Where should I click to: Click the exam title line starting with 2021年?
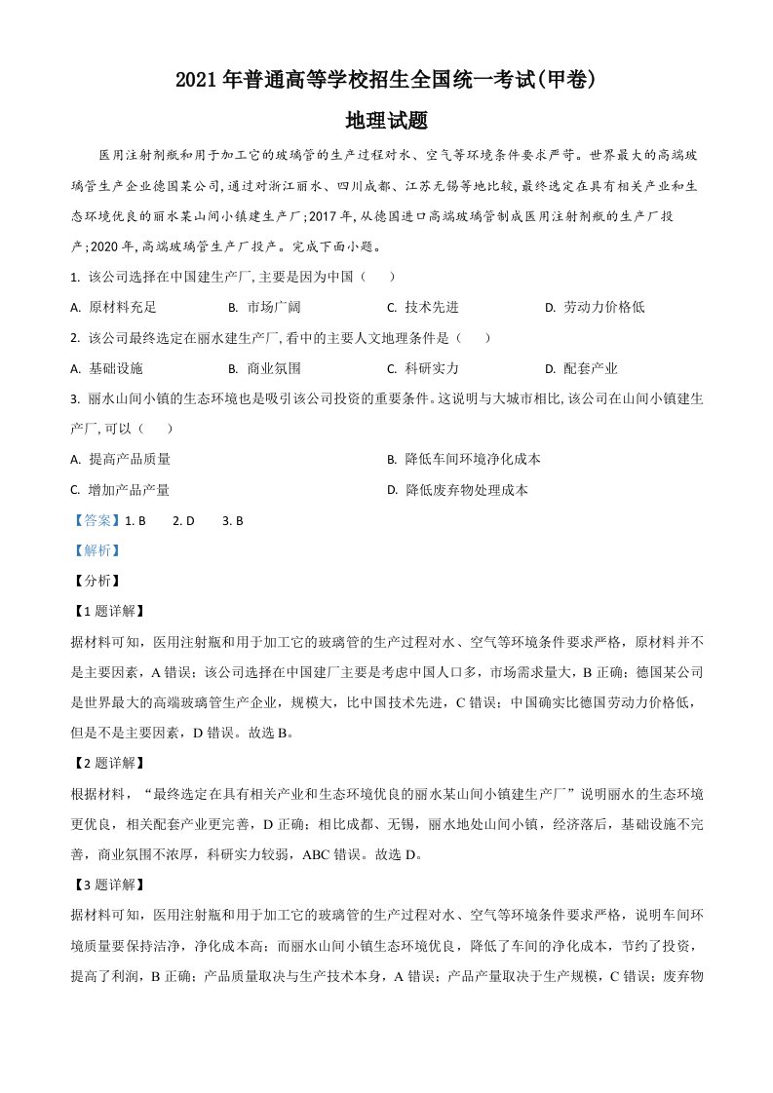[x=386, y=82]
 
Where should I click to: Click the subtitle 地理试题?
[x=387, y=121]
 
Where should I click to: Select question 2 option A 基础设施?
[x=107, y=368]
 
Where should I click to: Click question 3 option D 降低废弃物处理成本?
[x=457, y=490]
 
